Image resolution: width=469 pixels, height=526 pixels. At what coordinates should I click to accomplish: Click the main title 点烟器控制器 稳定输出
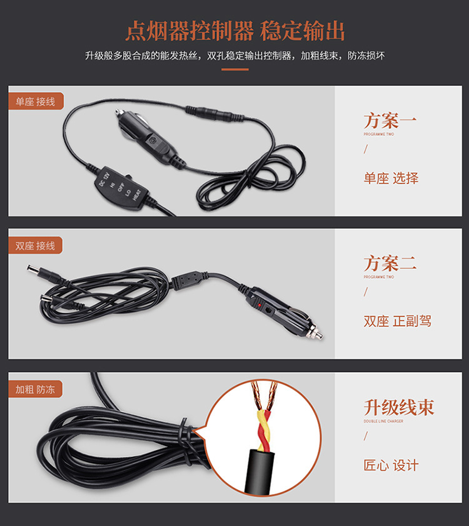coord(234,29)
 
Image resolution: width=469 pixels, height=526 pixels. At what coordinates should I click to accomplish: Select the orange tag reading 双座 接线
coord(36,245)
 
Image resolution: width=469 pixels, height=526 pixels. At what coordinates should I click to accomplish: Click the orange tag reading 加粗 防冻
coord(36,389)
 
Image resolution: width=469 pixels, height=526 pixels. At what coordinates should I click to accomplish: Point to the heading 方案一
coord(390,120)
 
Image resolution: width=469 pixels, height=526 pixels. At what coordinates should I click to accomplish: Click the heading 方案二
coord(390,263)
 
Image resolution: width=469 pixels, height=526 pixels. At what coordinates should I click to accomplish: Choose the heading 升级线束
coord(398,407)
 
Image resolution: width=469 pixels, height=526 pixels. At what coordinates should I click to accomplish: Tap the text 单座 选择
coord(391,178)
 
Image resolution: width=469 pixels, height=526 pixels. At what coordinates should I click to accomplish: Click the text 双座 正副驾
coord(397,321)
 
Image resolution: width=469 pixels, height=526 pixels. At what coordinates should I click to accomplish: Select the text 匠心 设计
coord(391,465)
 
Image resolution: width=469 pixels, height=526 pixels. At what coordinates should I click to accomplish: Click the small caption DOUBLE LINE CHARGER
coord(383,421)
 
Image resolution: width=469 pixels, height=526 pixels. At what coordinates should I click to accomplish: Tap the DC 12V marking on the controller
coord(102,178)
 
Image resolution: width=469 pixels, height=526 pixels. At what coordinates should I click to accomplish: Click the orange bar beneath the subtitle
coord(234,70)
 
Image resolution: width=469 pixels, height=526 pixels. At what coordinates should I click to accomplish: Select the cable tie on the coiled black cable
coord(183,432)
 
